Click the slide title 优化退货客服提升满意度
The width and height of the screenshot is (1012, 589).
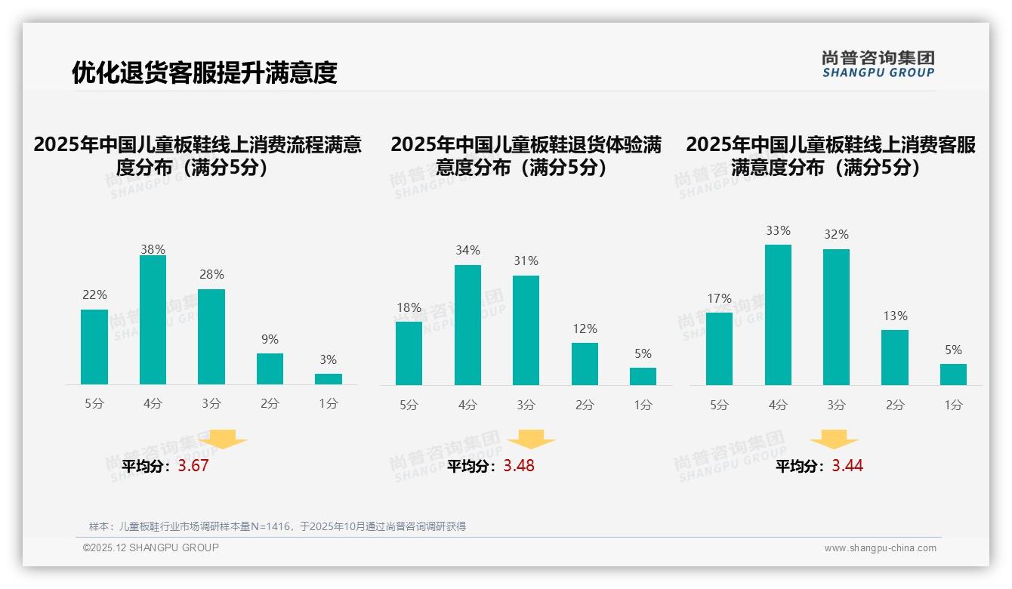point(204,72)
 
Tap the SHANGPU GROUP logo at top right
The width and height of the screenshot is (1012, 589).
point(878,64)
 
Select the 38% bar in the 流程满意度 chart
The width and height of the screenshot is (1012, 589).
point(153,320)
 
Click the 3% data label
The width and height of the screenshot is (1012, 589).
point(328,360)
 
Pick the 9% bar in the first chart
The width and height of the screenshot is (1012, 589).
point(270,369)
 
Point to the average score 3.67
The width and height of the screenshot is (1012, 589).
point(193,466)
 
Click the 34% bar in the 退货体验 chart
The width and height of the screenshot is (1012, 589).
point(467,325)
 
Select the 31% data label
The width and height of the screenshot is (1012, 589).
point(526,261)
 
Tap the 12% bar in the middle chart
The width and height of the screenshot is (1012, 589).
point(585,364)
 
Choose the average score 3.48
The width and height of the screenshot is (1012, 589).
point(519,466)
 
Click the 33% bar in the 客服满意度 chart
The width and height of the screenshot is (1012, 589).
point(778,315)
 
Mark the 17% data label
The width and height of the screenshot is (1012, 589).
point(719,299)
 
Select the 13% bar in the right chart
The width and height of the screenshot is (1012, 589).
point(895,357)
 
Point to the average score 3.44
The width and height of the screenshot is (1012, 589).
point(847,466)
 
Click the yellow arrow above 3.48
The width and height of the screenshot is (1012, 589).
point(531,439)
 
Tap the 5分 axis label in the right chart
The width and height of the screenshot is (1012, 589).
point(719,406)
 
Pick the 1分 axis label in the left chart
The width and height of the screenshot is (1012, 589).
point(328,404)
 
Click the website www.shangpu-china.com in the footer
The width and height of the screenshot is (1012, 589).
point(880,548)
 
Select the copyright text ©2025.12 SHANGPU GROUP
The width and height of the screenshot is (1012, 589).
point(151,547)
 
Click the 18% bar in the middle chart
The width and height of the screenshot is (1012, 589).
point(409,353)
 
